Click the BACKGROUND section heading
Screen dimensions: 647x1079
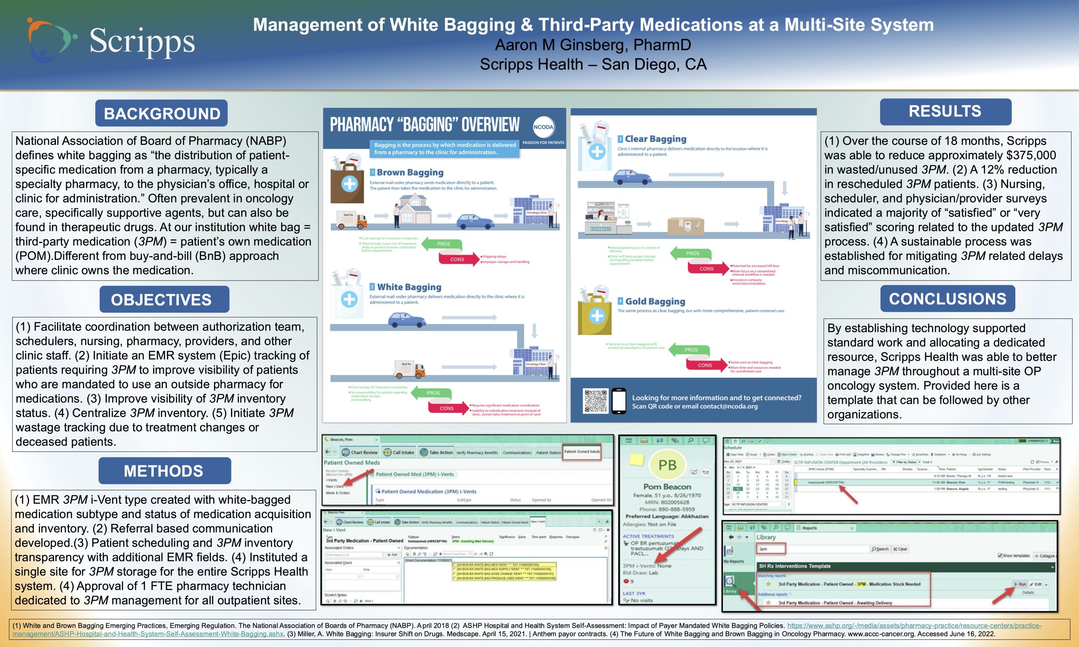(x=162, y=113)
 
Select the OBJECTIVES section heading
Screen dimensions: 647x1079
(x=164, y=299)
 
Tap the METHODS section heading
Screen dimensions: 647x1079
(x=164, y=471)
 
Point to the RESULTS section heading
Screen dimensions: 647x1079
(x=945, y=112)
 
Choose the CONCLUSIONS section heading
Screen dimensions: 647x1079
(x=948, y=299)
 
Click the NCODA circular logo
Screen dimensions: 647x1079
(x=543, y=127)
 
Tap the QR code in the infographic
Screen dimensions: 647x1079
(x=595, y=401)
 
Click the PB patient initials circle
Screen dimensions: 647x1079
(x=667, y=465)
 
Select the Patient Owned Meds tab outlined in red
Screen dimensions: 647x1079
(x=582, y=452)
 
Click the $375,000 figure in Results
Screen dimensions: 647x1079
(x=1026, y=155)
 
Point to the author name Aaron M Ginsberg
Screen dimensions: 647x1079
(x=593, y=45)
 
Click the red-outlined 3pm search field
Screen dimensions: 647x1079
(x=771, y=549)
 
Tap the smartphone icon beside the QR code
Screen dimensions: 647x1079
(x=618, y=401)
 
